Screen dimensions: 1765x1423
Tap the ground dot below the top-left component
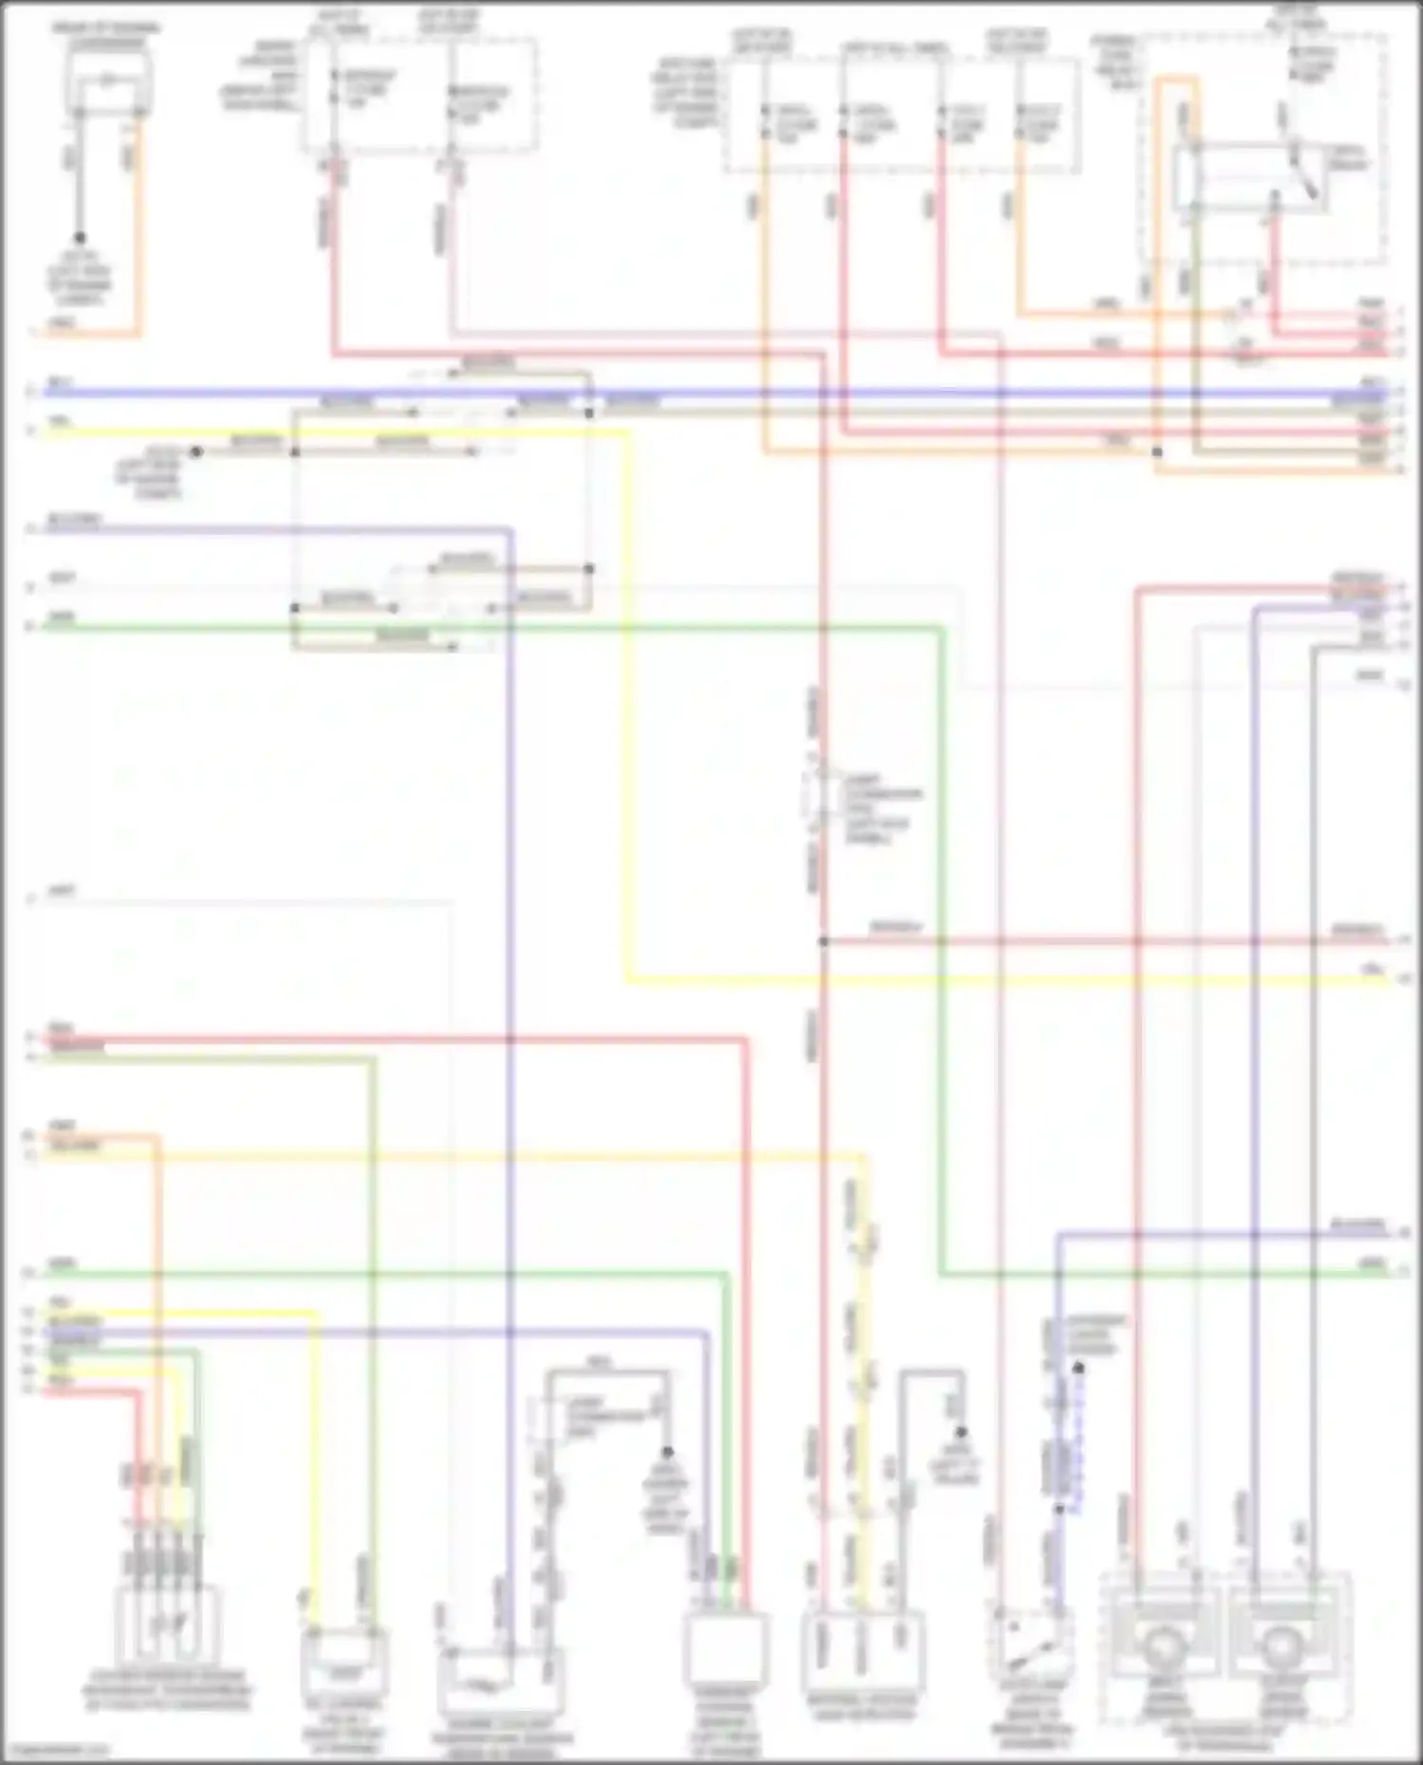click(80, 238)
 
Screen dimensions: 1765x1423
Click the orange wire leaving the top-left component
click(140, 228)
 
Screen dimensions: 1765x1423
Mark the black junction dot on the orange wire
click(1157, 452)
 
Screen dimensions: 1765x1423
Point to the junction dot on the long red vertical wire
click(823, 942)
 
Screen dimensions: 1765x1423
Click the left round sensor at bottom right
click(1161, 1646)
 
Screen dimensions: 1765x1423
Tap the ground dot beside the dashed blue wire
click(1078, 1369)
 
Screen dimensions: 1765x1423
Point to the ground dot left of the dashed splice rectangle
click(196, 452)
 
